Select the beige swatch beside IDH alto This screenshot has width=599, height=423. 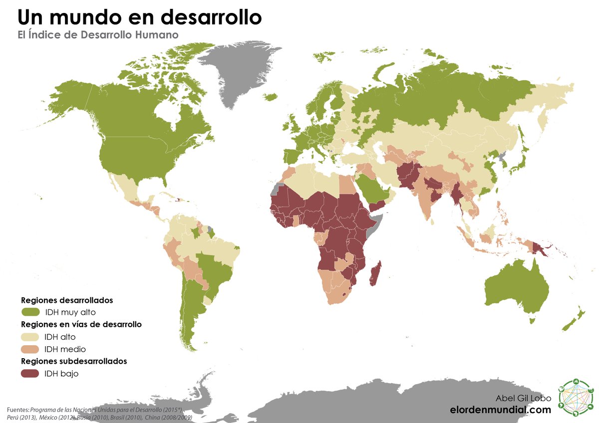[30, 337]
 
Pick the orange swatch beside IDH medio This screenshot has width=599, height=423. [30, 349]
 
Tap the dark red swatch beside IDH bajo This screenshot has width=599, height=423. [30, 373]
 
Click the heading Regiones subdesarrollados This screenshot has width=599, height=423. [74, 361]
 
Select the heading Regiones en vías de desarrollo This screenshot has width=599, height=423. [81, 324]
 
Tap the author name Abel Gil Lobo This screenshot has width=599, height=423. [523, 398]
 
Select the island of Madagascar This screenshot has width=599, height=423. [376, 273]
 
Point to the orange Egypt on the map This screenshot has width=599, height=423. [346, 185]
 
